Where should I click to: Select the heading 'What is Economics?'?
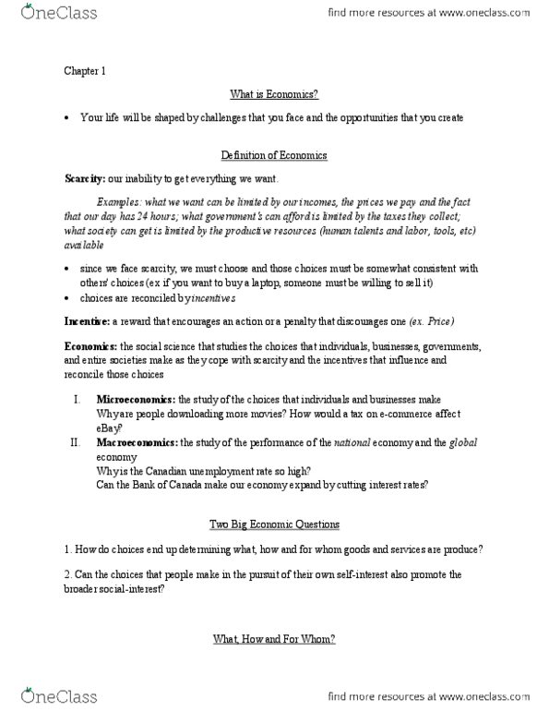point(274,94)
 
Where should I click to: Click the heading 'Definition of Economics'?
point(274,154)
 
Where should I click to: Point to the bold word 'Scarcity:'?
point(84,177)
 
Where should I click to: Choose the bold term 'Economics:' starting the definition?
point(90,345)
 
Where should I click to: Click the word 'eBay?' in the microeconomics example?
point(112,428)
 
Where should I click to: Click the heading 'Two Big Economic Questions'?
point(274,524)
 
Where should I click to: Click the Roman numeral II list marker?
point(76,442)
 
